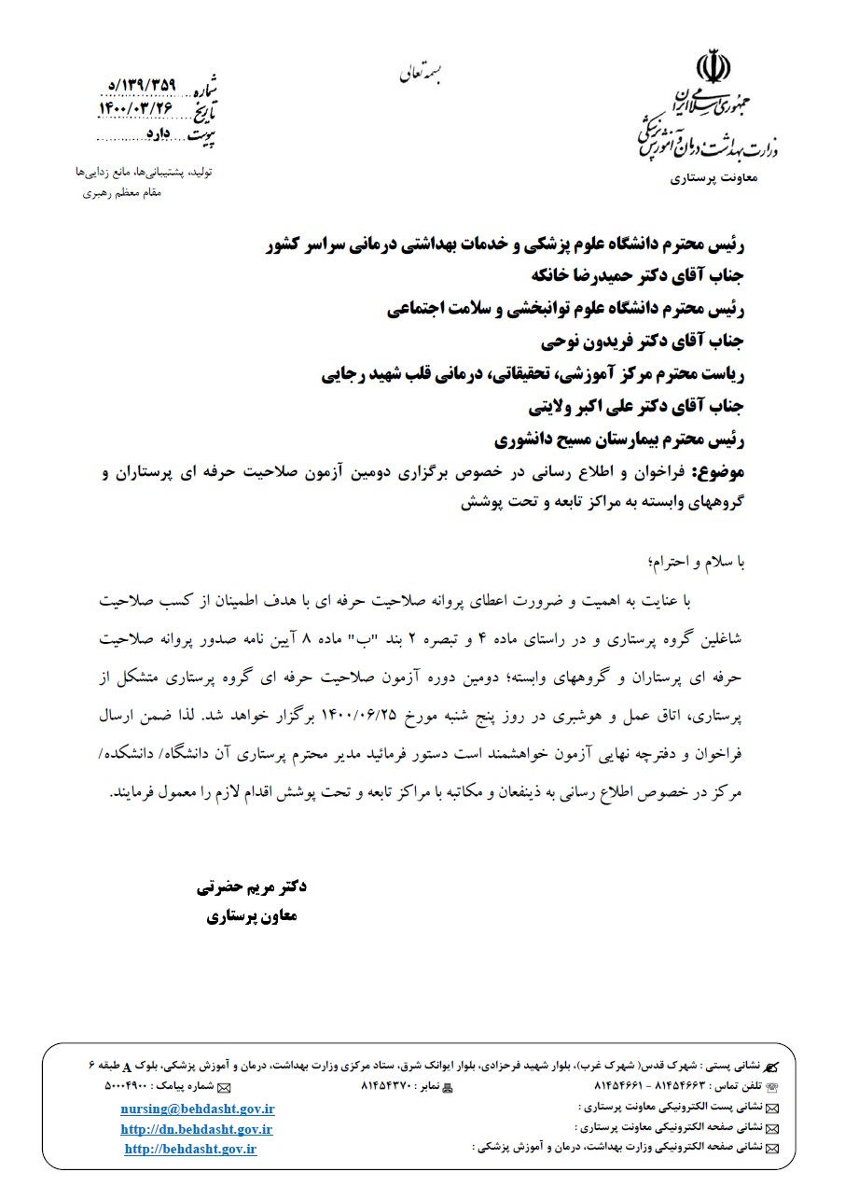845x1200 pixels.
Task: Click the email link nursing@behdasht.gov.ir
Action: (x=198, y=1109)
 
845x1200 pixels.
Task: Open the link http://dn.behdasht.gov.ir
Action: (x=197, y=1129)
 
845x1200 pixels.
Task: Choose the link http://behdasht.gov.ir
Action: (x=190, y=1149)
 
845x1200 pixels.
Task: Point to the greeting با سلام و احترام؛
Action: (x=694, y=562)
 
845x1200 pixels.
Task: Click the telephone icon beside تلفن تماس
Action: (x=771, y=1088)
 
